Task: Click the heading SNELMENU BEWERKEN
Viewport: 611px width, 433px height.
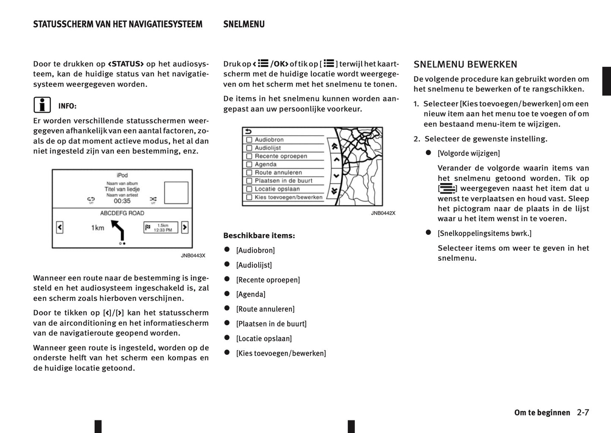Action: tap(465, 65)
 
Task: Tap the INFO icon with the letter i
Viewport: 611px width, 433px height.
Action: tap(42, 105)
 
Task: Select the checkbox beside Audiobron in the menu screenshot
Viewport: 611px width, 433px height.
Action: tap(249, 140)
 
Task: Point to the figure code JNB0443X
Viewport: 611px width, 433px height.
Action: tap(193, 256)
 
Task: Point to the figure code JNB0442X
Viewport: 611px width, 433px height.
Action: tap(383, 213)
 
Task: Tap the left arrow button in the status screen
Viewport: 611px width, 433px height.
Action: tap(60, 228)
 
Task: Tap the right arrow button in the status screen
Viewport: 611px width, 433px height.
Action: tap(184, 228)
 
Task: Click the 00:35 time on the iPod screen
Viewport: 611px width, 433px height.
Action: tap(122, 201)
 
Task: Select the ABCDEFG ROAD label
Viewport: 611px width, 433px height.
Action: tap(122, 213)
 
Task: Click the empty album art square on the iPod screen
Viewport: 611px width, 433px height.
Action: tap(176, 193)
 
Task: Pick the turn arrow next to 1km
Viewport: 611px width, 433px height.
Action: tap(118, 231)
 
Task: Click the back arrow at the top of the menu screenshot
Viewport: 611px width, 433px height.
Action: tap(248, 131)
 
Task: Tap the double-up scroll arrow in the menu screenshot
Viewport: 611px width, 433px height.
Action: tap(335, 147)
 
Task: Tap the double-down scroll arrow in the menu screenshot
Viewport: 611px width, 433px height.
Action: tap(335, 191)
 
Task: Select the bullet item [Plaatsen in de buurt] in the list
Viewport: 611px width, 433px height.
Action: tap(271, 324)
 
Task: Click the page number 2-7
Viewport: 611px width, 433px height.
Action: tap(583, 413)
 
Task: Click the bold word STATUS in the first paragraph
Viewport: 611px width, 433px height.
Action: tap(126, 64)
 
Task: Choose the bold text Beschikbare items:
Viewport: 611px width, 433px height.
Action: tap(259, 236)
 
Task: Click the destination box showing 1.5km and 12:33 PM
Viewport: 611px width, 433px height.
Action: tap(161, 228)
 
